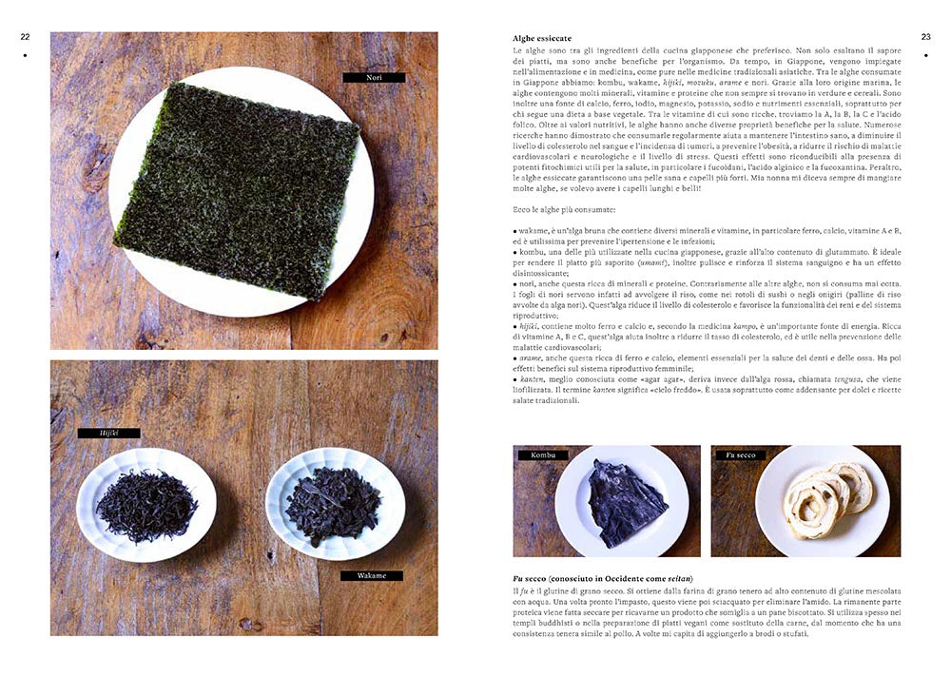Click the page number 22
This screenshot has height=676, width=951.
point(25,37)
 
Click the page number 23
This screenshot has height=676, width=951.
point(925,37)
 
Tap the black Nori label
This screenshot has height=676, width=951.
point(374,78)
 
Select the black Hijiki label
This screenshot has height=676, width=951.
point(108,433)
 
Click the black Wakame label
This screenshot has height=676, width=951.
point(371,575)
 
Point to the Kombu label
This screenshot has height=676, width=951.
point(543,454)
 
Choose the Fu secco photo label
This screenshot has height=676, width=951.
point(741,454)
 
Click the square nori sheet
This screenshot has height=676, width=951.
point(237,190)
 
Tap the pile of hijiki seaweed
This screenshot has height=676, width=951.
point(146,506)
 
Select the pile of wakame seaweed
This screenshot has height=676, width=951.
point(333,506)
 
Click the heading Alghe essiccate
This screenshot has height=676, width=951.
point(542,38)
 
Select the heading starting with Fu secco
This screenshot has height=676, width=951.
point(603,578)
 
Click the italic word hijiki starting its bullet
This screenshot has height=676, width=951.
point(529,326)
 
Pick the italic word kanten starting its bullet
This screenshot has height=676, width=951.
point(532,379)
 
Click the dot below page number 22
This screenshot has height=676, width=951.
point(25,55)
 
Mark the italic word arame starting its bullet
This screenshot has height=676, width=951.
point(530,358)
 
